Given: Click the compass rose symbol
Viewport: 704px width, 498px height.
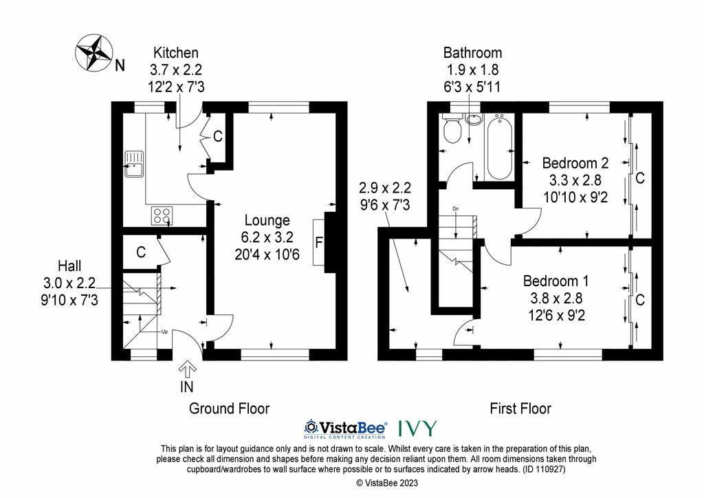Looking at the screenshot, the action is click(x=93, y=52).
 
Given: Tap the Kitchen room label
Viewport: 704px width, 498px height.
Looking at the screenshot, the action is click(x=175, y=52).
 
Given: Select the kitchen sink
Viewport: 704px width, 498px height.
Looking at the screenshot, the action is click(x=134, y=164).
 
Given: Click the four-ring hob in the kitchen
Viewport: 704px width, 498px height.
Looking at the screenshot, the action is click(x=162, y=215).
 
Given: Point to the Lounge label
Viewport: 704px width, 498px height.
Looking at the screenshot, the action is click(x=267, y=220).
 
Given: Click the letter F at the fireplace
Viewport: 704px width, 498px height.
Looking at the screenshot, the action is click(x=319, y=243).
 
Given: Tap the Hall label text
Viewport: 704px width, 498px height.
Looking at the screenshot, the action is click(x=69, y=266).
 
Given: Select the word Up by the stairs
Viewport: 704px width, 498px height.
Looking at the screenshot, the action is click(x=164, y=332).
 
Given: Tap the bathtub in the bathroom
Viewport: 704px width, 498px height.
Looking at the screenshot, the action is click(x=499, y=147).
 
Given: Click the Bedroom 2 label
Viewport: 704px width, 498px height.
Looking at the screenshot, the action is click(x=575, y=162).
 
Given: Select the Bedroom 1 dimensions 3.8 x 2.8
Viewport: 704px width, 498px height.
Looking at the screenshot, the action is click(x=556, y=298).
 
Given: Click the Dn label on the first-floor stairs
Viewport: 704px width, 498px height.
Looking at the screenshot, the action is click(x=456, y=209).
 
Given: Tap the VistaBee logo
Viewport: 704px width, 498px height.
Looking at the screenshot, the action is click(x=346, y=429).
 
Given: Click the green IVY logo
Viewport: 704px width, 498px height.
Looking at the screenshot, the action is click(x=417, y=429).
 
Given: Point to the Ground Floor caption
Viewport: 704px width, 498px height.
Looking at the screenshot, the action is click(x=229, y=408).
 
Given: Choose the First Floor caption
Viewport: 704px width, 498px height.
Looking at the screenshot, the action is click(x=520, y=408).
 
